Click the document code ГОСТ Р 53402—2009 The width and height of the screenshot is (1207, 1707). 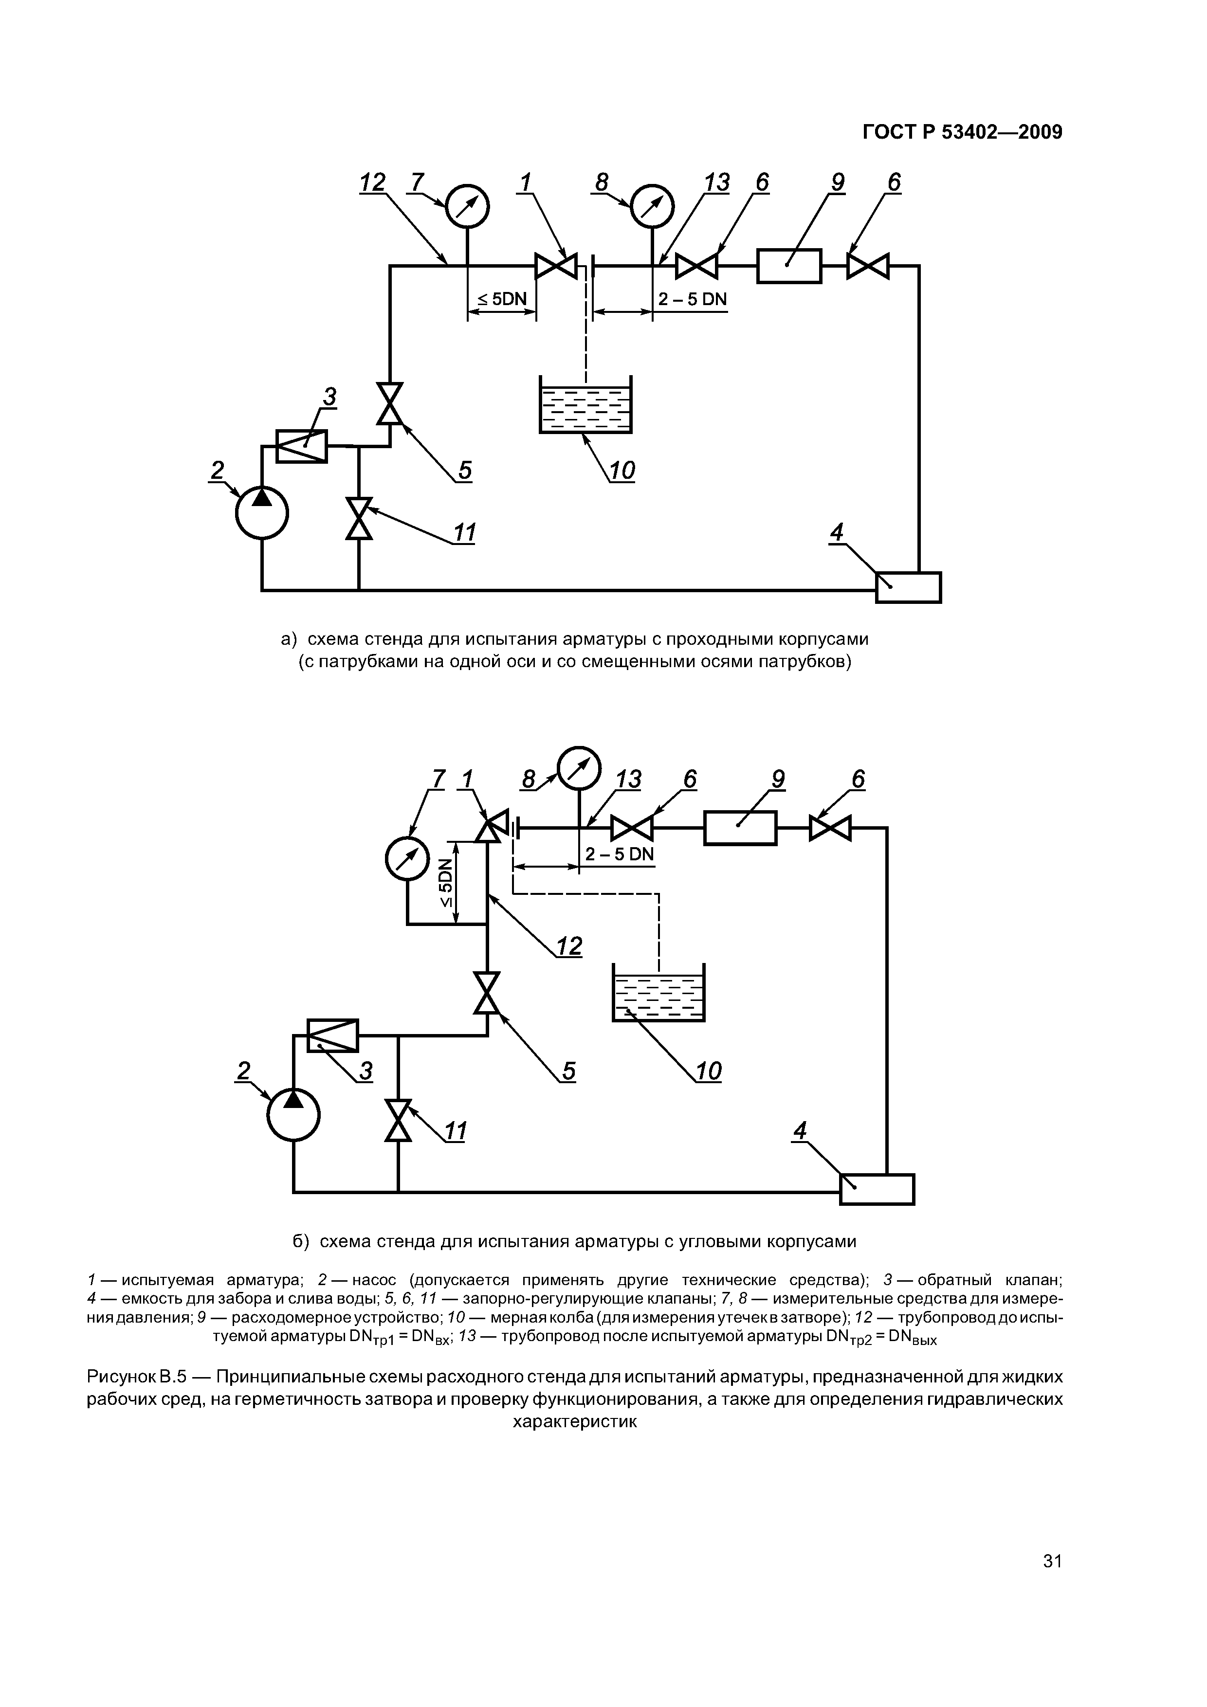pyautogui.click(x=962, y=132)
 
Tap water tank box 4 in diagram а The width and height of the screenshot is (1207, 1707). pyautogui.click(x=908, y=587)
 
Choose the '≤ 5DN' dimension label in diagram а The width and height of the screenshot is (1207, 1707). pyautogui.click(x=501, y=300)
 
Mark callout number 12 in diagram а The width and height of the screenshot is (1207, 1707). pyautogui.click(x=373, y=182)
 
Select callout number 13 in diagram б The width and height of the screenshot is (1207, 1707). pyautogui.click(x=628, y=779)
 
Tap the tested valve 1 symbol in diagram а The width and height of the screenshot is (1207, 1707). pyautogui.click(x=556, y=265)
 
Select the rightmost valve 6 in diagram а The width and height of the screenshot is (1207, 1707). pyautogui.click(x=868, y=265)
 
